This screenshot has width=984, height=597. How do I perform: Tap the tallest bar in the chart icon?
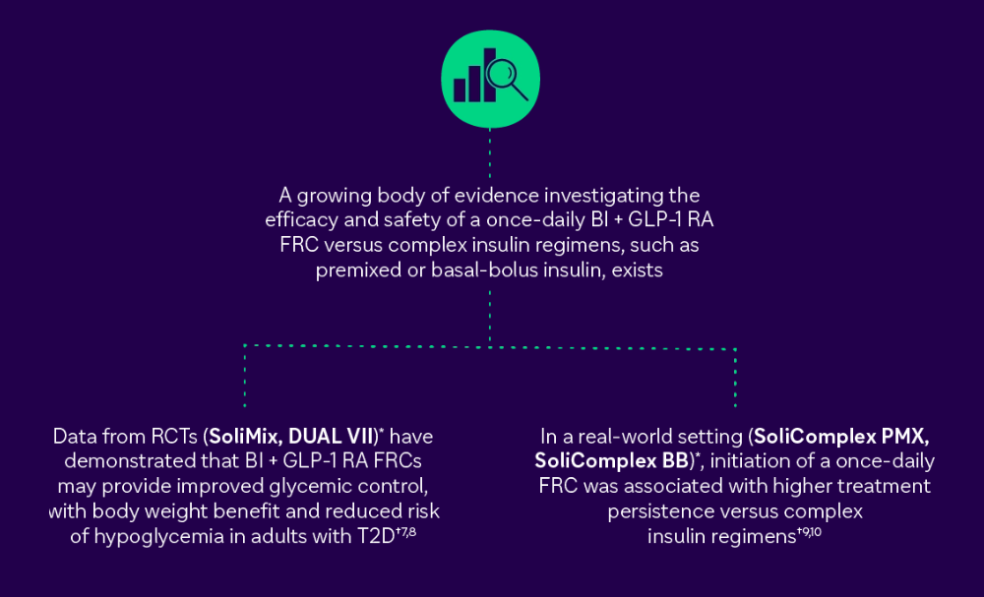pyautogui.click(x=489, y=75)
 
